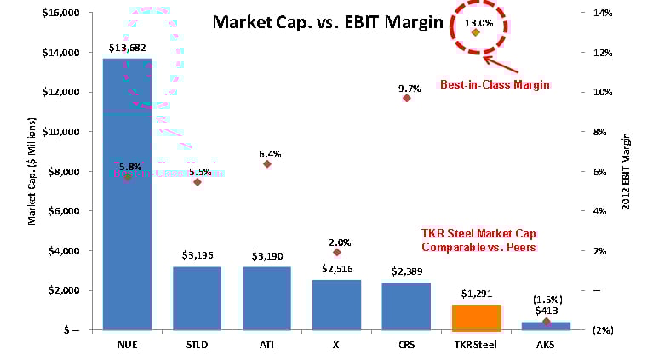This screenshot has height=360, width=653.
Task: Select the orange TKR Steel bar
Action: [477, 317]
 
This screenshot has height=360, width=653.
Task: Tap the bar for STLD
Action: [197, 298]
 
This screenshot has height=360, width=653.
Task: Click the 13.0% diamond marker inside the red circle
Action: [476, 32]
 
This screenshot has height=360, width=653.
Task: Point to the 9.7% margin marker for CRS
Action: [407, 98]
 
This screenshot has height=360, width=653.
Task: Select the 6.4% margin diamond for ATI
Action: [267, 163]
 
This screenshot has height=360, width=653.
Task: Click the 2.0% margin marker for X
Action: [337, 252]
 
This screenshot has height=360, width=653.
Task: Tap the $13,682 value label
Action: [127, 48]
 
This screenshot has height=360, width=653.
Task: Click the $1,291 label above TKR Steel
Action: [477, 294]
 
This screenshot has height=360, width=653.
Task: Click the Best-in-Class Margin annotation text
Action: [495, 84]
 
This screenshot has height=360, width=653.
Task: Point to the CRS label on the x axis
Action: [407, 346]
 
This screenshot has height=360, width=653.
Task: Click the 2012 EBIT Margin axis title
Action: [627, 171]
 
